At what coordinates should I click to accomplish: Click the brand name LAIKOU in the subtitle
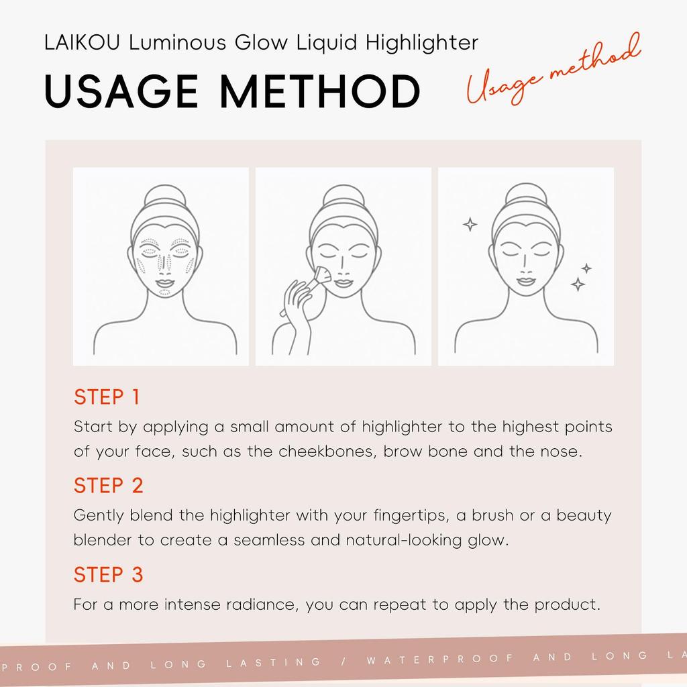point(82,43)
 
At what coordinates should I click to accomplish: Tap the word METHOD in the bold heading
point(320,91)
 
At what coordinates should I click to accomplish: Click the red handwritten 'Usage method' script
point(553,69)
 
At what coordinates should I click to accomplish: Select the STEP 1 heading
point(107,397)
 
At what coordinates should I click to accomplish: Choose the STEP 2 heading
point(109,486)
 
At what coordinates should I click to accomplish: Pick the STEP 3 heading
point(109,574)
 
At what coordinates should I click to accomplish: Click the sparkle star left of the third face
point(470,224)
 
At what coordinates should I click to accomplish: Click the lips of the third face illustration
point(525,281)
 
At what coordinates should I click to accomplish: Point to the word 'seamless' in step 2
point(269,540)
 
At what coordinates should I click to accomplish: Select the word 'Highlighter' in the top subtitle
point(421,44)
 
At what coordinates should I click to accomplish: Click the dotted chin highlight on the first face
point(164,292)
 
